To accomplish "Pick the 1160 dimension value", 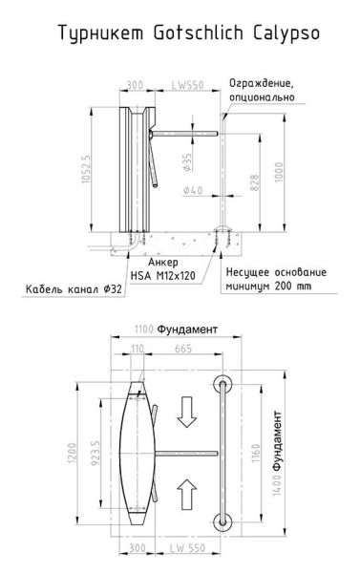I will coord(253,451).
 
